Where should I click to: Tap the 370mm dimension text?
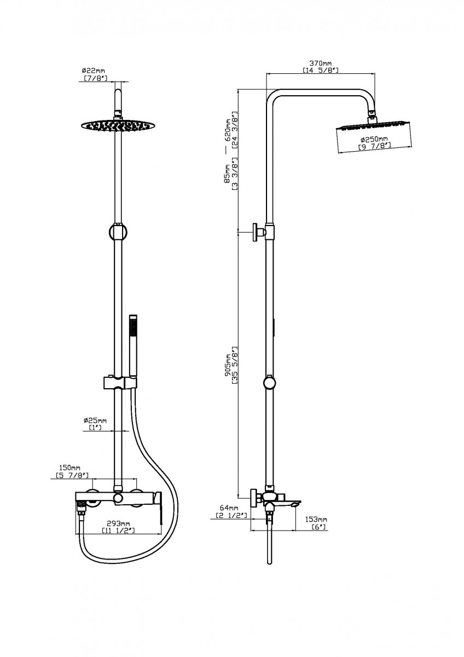[x=320, y=63]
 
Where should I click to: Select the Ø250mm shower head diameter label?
[x=375, y=139]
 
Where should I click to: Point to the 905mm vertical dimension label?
[x=227, y=366]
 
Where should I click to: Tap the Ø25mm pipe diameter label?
[x=95, y=420]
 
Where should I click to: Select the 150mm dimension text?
[x=70, y=469]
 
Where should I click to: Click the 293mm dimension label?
[x=118, y=523]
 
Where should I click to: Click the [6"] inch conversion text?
[x=318, y=527]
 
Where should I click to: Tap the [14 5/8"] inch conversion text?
[x=320, y=71]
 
